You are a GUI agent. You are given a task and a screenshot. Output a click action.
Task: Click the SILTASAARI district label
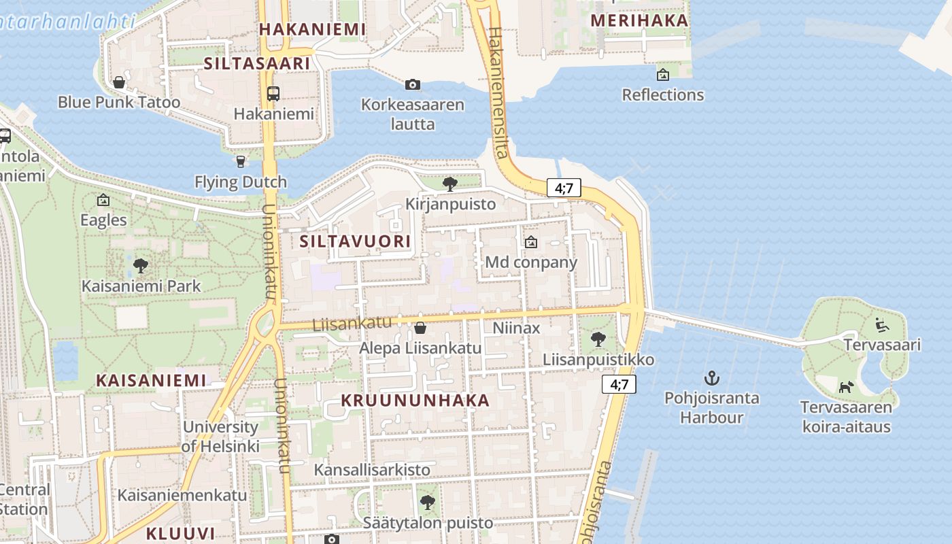257,63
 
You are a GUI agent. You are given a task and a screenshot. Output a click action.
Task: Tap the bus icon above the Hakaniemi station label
273,94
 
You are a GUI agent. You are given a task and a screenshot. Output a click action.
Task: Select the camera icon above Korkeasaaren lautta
412,85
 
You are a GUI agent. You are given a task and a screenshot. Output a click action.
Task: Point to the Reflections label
663,95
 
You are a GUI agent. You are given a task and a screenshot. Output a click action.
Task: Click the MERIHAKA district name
639,20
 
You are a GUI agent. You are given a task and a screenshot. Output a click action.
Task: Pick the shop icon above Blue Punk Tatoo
119,82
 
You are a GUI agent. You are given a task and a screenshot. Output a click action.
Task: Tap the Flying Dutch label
241,182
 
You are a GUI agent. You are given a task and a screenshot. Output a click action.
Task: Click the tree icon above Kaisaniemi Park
141,265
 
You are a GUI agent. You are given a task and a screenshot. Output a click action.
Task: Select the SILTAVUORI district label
355,241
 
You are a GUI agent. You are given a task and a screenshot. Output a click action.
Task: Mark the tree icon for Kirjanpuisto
449,184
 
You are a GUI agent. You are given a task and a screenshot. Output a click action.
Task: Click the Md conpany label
531,262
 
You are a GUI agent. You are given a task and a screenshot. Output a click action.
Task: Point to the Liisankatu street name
352,323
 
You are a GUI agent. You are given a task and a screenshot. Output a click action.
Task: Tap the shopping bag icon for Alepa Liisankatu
420,328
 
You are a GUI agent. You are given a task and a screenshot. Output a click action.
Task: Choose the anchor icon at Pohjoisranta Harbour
711,377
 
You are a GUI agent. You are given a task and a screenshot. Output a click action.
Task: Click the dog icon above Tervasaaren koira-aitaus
846,387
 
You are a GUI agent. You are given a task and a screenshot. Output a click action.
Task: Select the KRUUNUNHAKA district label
415,401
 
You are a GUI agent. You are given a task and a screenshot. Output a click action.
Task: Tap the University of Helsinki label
220,437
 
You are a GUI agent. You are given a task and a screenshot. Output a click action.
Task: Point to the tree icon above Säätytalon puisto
427,503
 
